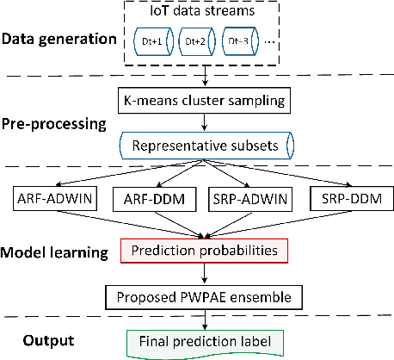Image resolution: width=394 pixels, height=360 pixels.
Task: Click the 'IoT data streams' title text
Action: click(x=206, y=15)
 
